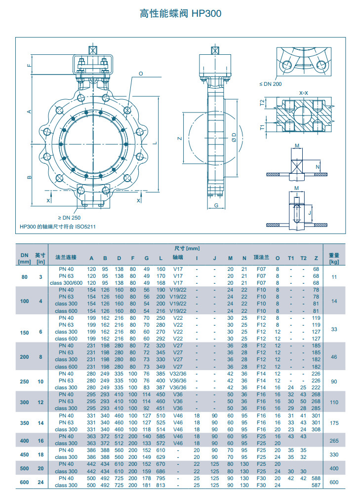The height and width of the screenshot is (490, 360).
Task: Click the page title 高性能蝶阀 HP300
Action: [180, 14]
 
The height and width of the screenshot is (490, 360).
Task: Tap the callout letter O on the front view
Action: [141, 74]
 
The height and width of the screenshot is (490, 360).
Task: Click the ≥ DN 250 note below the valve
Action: [70, 218]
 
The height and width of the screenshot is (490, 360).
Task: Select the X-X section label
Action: [304, 93]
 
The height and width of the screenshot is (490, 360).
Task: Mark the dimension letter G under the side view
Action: [216, 205]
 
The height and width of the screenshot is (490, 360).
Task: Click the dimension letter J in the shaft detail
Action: [309, 213]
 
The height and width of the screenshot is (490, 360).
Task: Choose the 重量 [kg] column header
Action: [334, 258]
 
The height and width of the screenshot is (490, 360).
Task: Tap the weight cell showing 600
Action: [334, 483]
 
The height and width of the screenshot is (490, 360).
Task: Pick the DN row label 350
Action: [24, 423]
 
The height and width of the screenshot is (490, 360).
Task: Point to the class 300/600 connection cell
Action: [66, 283]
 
